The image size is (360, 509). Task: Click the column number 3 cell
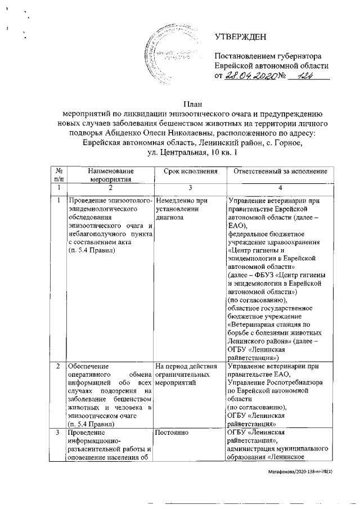click(188, 187)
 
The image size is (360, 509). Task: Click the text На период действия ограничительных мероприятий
click(185, 375)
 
